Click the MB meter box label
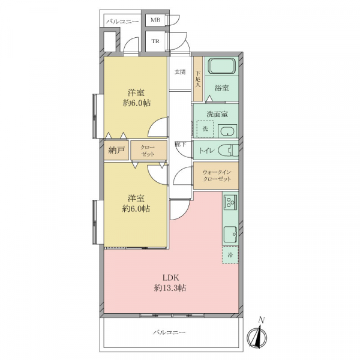[x=155, y=20]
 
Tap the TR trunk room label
[x=155, y=41]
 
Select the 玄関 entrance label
[x=180, y=72]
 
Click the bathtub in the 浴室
[x=222, y=65]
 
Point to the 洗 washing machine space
[x=205, y=129]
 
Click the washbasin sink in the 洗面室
[x=227, y=131]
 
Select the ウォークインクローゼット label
[x=217, y=175]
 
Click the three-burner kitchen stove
[x=230, y=202]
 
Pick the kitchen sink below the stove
[x=230, y=234]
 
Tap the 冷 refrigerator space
[x=230, y=255]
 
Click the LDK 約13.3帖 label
[x=170, y=283]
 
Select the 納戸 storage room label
[x=116, y=151]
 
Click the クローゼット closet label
[x=148, y=151]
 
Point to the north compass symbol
[x=257, y=334]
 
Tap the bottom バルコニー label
[x=169, y=332]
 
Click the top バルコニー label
[x=122, y=22]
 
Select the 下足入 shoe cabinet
[x=197, y=79]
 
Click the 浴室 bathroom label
[x=222, y=88]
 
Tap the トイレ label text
[x=206, y=151]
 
